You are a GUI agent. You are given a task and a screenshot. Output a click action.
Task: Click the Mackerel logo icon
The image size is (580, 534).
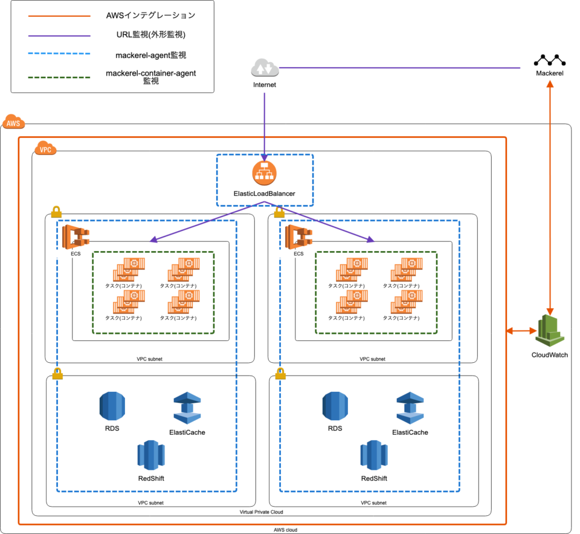click(549, 60)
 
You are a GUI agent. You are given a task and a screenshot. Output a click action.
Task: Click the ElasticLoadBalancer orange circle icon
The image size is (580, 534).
click(265, 173)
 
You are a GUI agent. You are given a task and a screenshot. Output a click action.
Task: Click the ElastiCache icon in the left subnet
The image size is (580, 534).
click(187, 409)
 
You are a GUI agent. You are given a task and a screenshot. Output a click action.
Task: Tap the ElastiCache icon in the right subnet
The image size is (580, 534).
click(410, 409)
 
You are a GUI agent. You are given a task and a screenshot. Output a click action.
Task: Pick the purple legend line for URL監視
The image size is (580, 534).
click(59, 35)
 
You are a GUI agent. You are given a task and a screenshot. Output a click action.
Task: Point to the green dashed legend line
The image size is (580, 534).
click(59, 77)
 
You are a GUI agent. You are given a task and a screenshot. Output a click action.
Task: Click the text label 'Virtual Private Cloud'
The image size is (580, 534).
click(261, 512)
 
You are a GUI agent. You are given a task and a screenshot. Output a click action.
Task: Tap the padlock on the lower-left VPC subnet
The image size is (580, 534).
click(57, 373)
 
